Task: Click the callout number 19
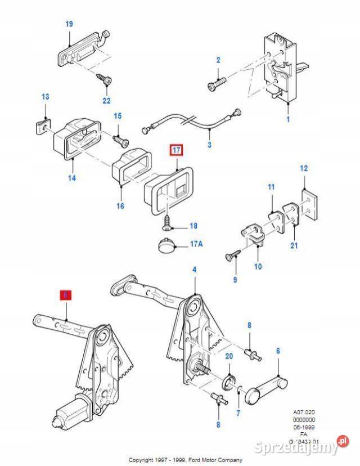69,24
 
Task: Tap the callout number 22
107,101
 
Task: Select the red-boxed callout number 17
176,151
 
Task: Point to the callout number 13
46,97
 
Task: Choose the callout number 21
294,245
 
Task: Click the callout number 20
228,356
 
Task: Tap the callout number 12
304,168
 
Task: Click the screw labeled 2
216,85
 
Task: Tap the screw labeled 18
168,225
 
